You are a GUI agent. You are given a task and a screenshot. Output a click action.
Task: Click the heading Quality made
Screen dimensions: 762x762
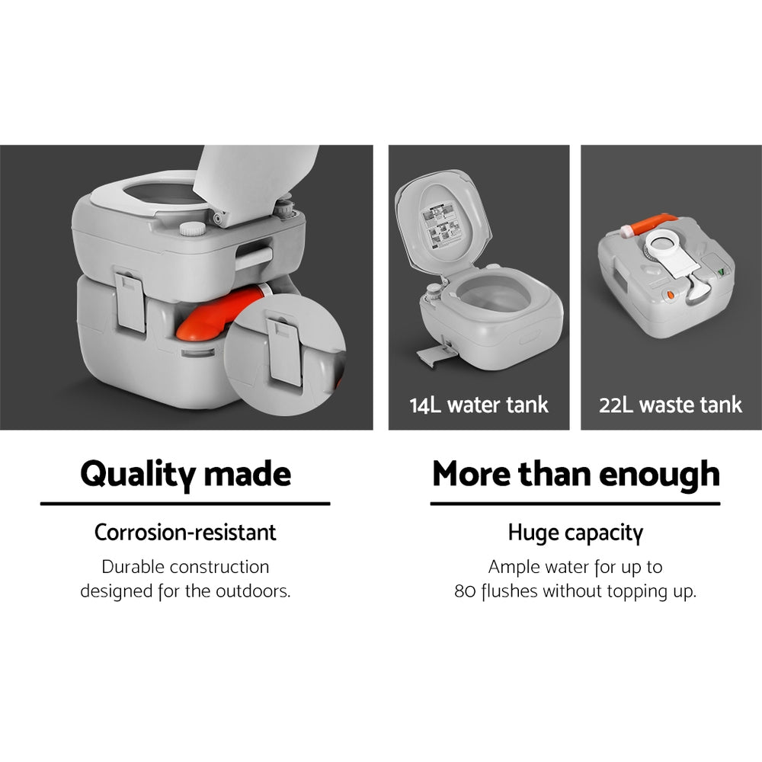[x=185, y=474]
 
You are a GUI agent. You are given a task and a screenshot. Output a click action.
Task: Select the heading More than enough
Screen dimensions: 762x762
[x=575, y=474]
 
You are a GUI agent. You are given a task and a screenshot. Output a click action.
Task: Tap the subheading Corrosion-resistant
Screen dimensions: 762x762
[x=185, y=532]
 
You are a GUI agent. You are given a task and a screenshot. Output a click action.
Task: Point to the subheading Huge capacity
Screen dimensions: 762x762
[x=575, y=533]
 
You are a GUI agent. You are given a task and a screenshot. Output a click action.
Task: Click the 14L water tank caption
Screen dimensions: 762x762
[x=479, y=404]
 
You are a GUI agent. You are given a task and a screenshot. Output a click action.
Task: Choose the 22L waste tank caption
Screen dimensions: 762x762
[x=671, y=404]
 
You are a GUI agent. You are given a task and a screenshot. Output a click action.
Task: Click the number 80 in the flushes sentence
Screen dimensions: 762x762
[x=465, y=591]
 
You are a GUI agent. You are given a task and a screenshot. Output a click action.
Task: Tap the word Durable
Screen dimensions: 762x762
[x=132, y=568]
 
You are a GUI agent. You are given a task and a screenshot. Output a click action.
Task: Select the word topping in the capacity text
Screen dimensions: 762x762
[x=636, y=592]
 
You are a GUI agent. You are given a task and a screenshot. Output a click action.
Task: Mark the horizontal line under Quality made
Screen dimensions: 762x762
[x=185, y=504]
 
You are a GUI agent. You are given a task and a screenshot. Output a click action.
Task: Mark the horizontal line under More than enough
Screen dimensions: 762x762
[x=575, y=504]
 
